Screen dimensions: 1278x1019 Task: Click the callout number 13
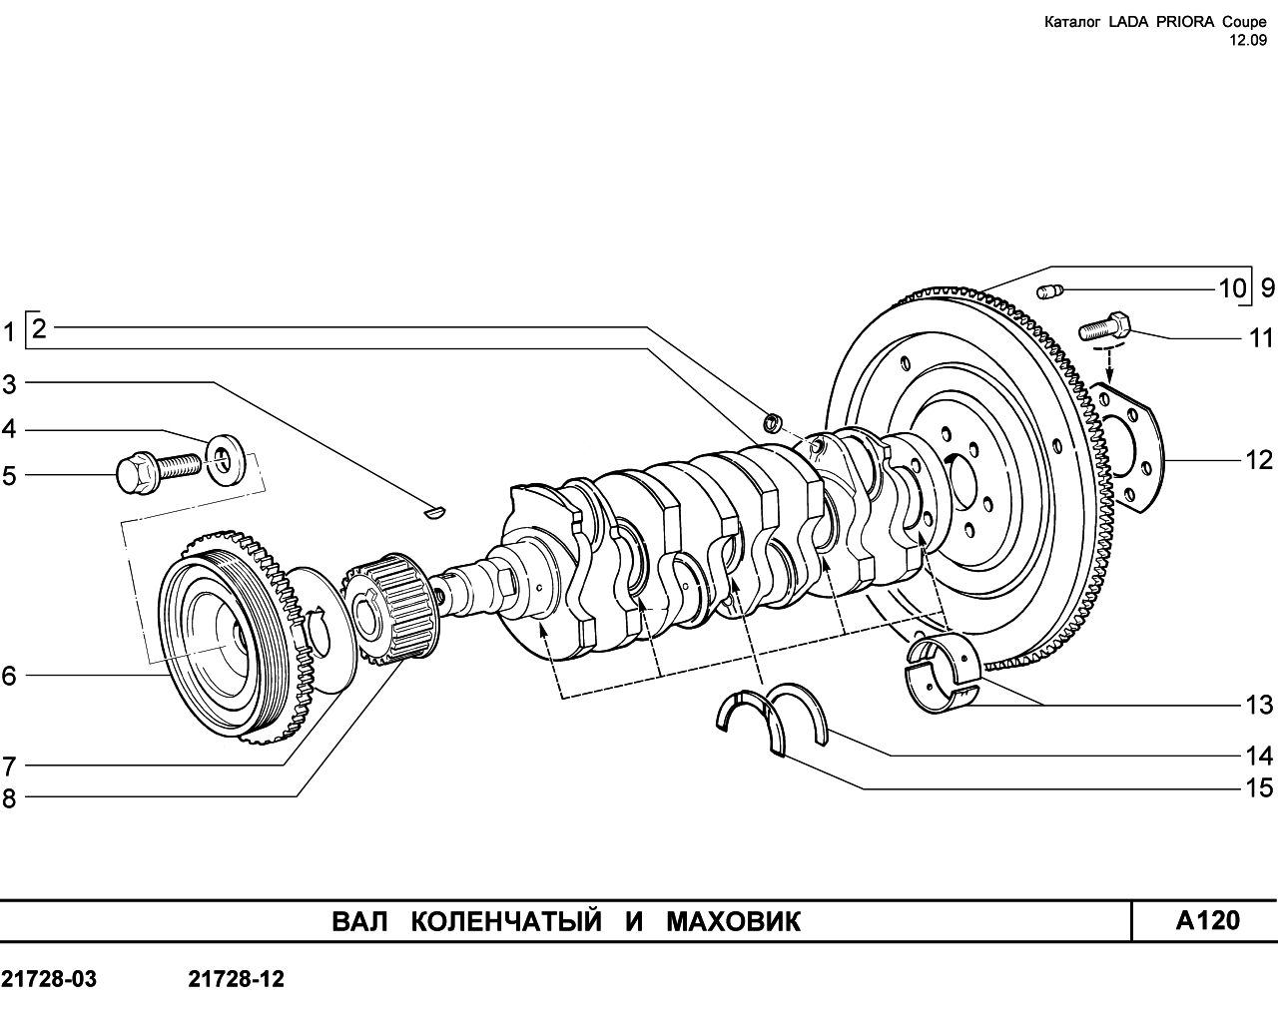(1258, 706)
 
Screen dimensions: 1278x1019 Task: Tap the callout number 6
(9, 676)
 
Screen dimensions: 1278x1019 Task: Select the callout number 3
(9, 385)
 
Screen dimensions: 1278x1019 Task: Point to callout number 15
(1258, 788)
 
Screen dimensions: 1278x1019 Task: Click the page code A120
(1208, 921)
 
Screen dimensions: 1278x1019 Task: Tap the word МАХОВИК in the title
(734, 922)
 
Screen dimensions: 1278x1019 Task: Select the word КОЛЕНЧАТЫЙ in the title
(506, 922)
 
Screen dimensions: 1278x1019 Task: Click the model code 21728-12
(237, 979)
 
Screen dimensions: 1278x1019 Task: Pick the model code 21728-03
(49, 979)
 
